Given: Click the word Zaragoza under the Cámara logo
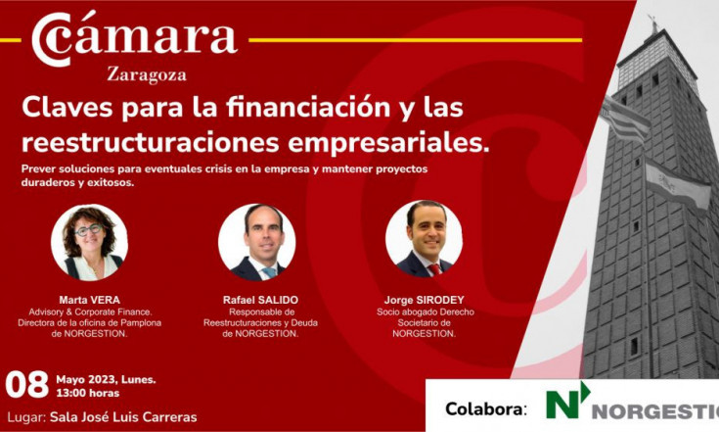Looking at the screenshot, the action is [147, 75].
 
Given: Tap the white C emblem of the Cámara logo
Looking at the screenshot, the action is [51, 39].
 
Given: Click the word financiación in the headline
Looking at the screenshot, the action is [308, 108].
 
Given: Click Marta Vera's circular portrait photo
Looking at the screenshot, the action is [89, 242].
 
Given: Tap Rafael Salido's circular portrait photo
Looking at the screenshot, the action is [256, 242].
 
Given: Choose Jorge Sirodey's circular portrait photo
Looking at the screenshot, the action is [425, 239].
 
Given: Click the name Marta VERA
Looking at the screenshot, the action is [89, 300].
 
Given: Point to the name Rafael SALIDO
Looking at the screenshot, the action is [260, 300].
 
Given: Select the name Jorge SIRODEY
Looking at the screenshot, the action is [425, 300].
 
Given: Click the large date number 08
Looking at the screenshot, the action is [27, 385].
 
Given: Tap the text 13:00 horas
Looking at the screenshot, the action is [88, 393].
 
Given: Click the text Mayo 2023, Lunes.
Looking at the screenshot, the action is [106, 380].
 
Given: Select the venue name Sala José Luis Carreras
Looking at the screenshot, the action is [123, 417].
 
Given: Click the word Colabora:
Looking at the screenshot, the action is [486, 408].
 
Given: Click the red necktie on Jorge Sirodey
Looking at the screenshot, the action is [434, 269].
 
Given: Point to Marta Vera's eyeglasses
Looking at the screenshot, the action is [88, 229].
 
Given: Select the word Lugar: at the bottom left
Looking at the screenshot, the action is [26, 417].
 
